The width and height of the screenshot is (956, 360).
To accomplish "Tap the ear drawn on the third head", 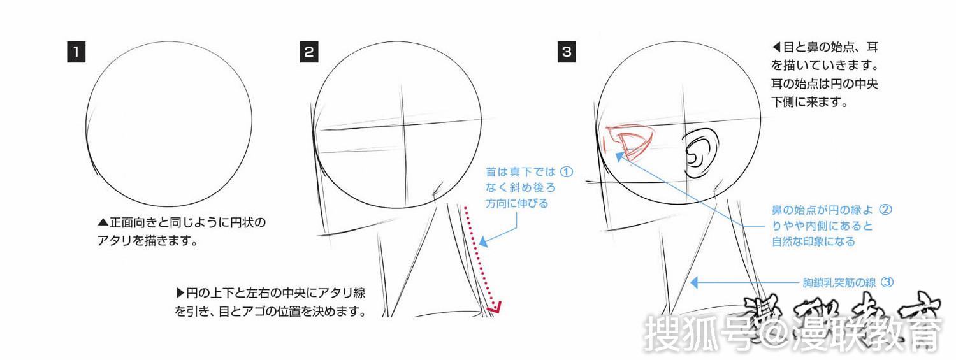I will point(699,154).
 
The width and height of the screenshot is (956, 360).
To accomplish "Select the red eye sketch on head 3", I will point(630,143).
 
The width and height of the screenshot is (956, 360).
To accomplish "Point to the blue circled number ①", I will point(567,172).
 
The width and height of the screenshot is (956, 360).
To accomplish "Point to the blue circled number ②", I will point(885,209).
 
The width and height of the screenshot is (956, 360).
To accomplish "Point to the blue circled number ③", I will point(885,281).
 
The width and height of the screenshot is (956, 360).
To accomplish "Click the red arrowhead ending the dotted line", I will point(494,310).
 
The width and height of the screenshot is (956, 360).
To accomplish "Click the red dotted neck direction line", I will point(479,255).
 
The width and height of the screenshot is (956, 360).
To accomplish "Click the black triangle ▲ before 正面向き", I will point(103,224).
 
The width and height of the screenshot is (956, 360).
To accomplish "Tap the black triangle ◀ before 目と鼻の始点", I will point(776,47).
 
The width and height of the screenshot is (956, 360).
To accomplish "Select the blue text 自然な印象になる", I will point(813,242).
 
